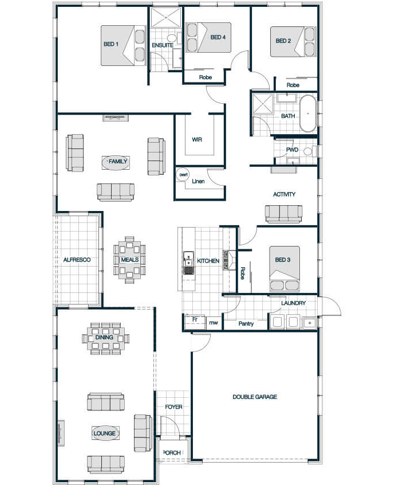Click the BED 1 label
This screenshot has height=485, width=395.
pyautogui.click(x=111, y=44)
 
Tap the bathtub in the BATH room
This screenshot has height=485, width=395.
pyautogui.click(x=308, y=114)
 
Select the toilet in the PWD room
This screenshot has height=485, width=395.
pyautogui.click(x=310, y=151)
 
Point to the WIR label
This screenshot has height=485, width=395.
pyautogui.click(x=197, y=139)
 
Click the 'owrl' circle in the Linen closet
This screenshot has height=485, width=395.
pyautogui.click(x=183, y=175)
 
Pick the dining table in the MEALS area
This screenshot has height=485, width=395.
pyautogui.click(x=129, y=260)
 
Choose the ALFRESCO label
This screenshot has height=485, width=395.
pyautogui.click(x=77, y=260)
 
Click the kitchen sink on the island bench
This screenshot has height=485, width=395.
pyautogui.click(x=188, y=263)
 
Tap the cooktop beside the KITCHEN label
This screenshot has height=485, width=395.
pyautogui.click(x=229, y=260)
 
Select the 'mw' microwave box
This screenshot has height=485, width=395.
pyautogui.click(x=214, y=323)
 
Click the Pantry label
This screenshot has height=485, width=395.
pyautogui.click(x=246, y=323)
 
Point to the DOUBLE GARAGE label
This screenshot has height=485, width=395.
pyautogui.click(x=255, y=397)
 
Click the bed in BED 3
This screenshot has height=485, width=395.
pyautogui.click(x=285, y=268)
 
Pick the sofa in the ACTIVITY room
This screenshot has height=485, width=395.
pyautogui.click(x=283, y=214)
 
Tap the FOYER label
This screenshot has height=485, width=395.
pyautogui.click(x=173, y=406)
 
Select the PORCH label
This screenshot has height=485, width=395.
pyautogui.click(x=172, y=452)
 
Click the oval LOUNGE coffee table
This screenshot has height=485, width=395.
pyautogui.click(x=105, y=433)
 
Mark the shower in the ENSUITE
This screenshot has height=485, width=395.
pyautogui.click(x=166, y=17)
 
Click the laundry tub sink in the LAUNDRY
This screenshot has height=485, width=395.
pyautogui.click(x=309, y=323)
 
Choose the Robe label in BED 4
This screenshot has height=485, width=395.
pyautogui.click(x=206, y=77)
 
